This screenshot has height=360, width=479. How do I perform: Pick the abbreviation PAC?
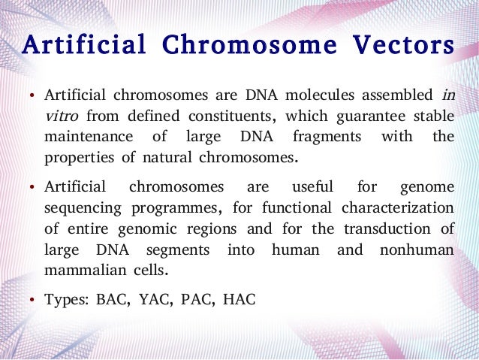pyautogui.click(x=198, y=300)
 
